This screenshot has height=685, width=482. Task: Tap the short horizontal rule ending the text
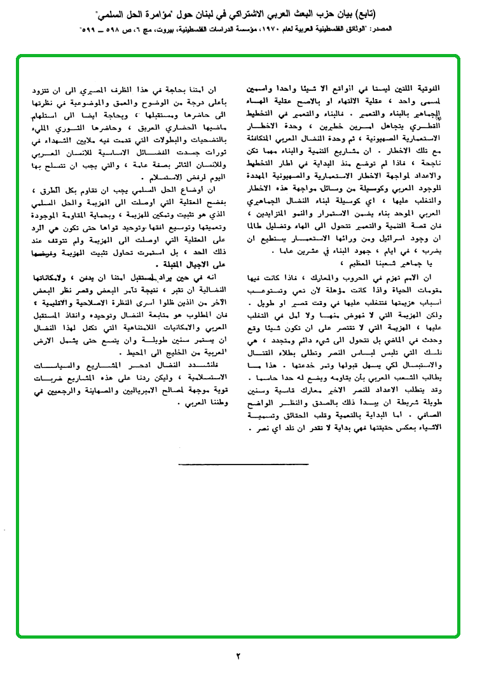pos(243,464)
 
